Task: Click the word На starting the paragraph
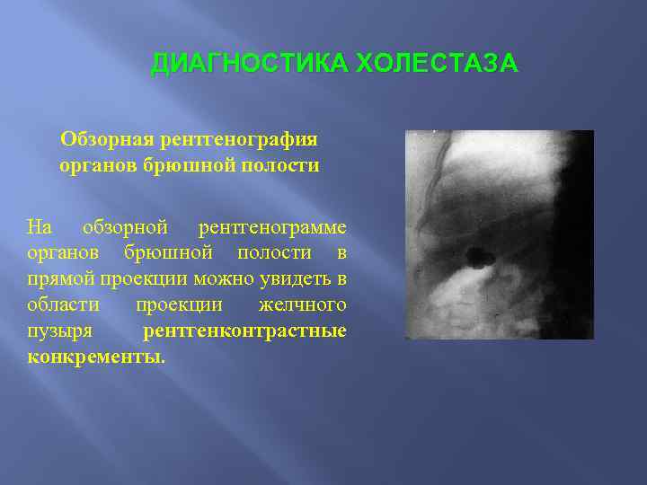(x=40, y=228)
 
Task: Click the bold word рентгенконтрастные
(x=245, y=332)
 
